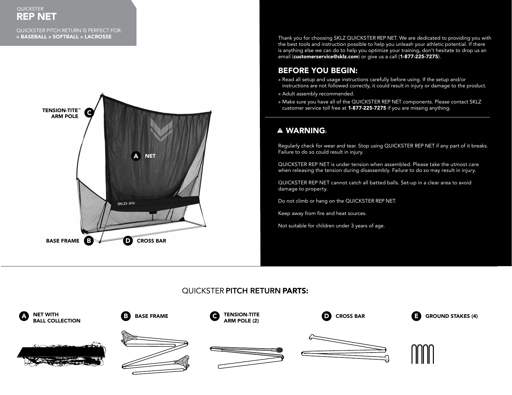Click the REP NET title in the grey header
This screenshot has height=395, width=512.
tap(37, 16)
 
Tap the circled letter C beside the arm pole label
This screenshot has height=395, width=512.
tap(89, 113)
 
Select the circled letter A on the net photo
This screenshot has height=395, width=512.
tap(136, 156)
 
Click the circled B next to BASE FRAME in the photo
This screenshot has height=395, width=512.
tap(89, 241)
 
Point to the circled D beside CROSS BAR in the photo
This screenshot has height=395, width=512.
tap(127, 241)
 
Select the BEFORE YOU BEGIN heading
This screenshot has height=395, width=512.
tap(318, 71)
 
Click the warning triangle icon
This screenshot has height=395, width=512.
tap(280, 131)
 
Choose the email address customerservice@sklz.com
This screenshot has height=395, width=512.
tap(326, 57)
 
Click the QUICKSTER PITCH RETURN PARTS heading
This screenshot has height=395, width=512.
tap(245, 291)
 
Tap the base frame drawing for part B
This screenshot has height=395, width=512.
tap(155, 353)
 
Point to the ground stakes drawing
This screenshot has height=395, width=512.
tap(422, 354)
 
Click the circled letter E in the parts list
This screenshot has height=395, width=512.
tap(416, 316)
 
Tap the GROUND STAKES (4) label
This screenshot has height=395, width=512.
tap(451, 316)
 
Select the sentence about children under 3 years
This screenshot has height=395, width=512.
tap(332, 226)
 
